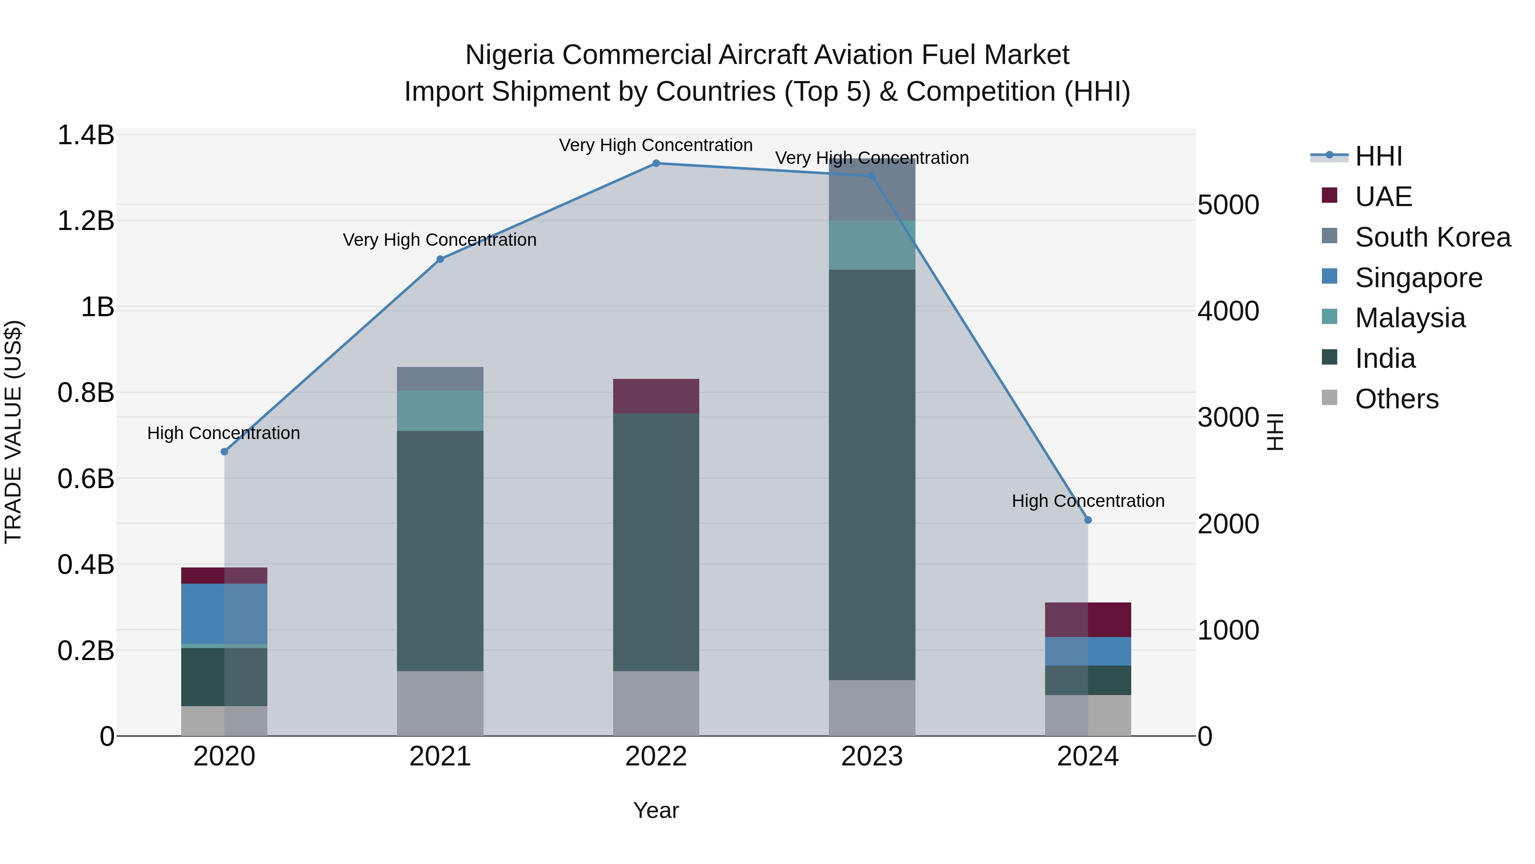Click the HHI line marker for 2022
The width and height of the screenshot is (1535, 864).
(x=656, y=163)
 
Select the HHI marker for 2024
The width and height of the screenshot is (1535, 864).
(x=1088, y=520)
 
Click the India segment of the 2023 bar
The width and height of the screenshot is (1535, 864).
(x=872, y=474)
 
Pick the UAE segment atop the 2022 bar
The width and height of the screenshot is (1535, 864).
(x=656, y=396)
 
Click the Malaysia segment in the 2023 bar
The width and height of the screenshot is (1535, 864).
(x=872, y=245)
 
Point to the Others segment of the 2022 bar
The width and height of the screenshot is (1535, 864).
(x=656, y=704)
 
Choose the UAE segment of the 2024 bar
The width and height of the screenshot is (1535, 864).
(x=1088, y=620)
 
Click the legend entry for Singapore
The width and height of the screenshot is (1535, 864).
(x=1418, y=278)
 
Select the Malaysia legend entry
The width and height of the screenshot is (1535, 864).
(x=1410, y=318)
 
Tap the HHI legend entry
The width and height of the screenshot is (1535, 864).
(x=1378, y=156)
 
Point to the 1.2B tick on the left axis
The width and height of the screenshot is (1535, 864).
(x=86, y=221)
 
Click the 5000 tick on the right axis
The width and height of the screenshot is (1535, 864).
(x=1228, y=205)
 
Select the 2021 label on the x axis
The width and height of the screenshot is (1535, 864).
(x=440, y=756)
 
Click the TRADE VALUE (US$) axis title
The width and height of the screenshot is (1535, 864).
(x=13, y=432)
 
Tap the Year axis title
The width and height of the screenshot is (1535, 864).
(x=656, y=810)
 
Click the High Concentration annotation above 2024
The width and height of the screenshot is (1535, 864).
(x=1088, y=501)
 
